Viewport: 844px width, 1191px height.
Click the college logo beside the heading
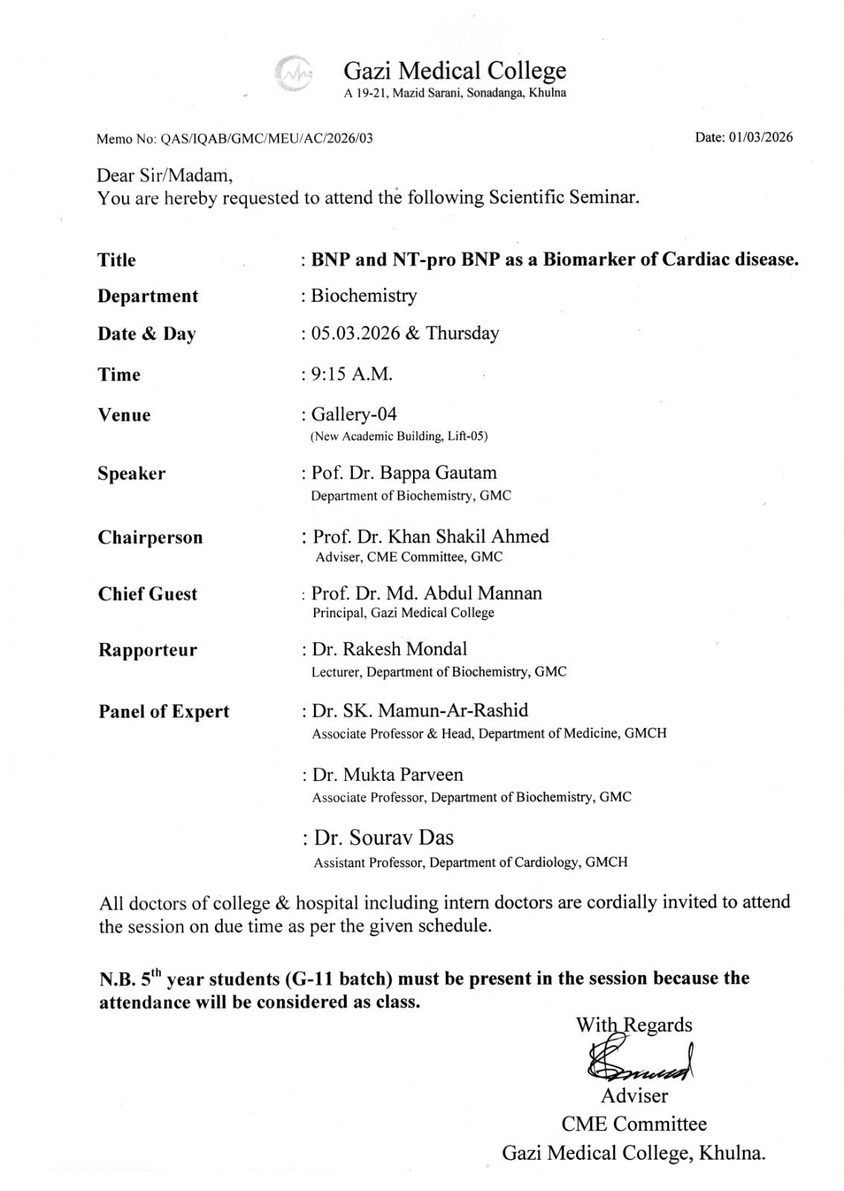point(294,74)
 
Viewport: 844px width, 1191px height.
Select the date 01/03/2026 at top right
point(761,137)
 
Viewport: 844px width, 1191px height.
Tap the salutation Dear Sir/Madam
point(164,176)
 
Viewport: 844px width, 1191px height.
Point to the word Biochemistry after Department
point(364,296)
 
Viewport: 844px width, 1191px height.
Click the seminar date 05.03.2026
point(356,333)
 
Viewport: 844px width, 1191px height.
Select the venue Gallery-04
point(354,414)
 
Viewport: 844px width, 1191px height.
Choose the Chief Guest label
point(148,594)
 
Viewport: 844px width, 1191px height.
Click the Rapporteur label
point(148,650)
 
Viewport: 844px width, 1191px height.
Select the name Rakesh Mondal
point(405,649)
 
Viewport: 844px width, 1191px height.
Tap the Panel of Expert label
point(164,712)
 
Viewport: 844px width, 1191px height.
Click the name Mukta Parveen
point(403,775)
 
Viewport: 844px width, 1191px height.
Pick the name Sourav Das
point(401,838)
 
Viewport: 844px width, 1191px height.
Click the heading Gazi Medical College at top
point(455,71)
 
